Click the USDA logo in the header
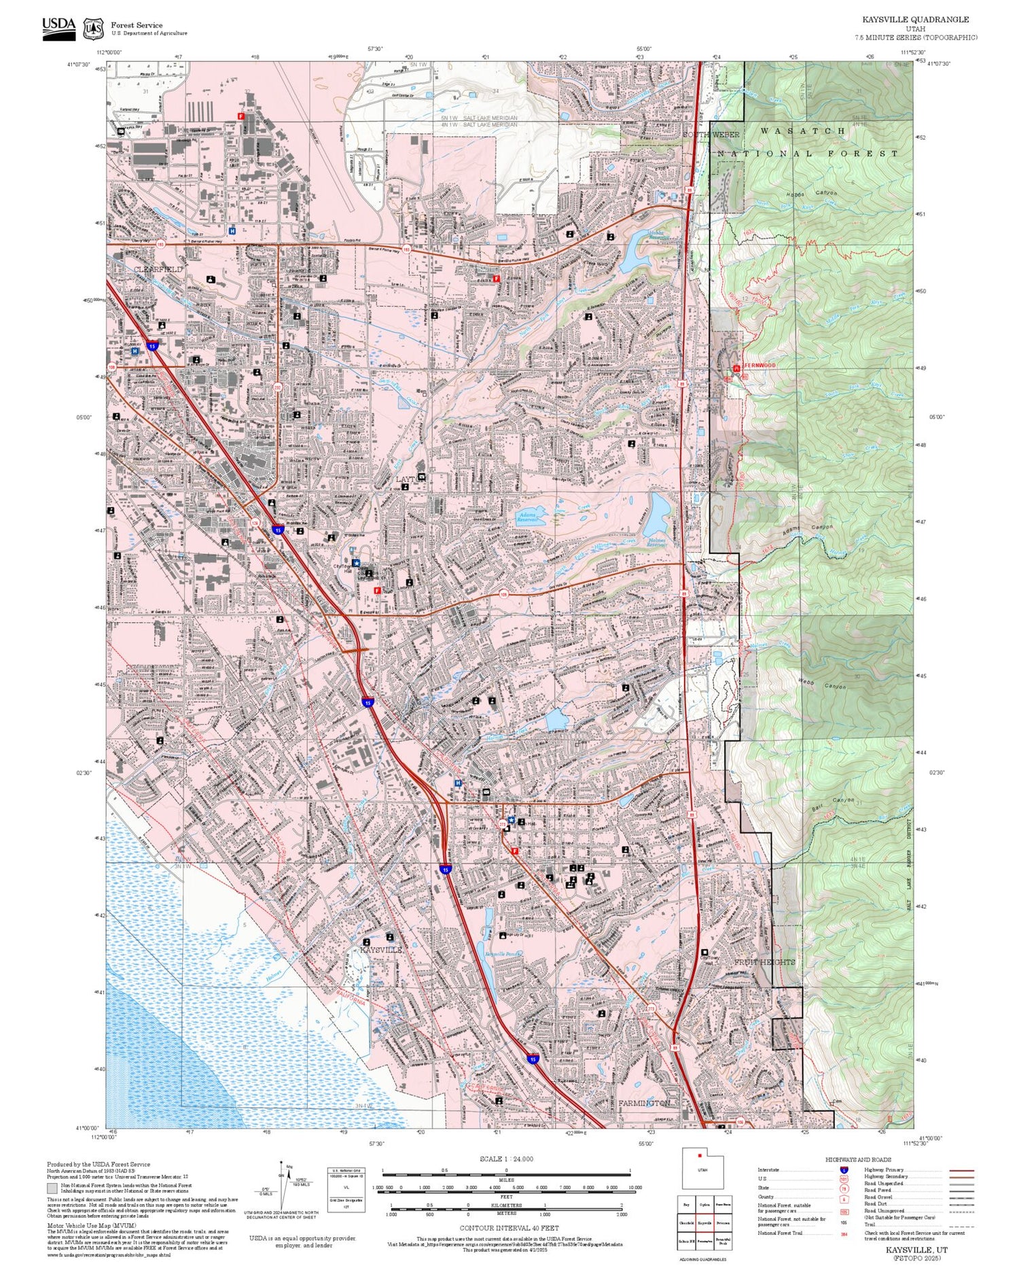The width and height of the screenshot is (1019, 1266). click(x=58, y=28)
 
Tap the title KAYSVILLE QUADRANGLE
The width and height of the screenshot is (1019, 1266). click(x=915, y=20)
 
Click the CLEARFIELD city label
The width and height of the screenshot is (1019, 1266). click(x=158, y=269)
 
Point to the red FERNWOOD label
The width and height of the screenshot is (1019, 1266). click(x=759, y=366)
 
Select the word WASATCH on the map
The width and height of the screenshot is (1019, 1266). click(x=802, y=131)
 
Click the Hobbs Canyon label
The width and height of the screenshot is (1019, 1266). click(x=815, y=193)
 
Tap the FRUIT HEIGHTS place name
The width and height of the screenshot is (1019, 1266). click(x=764, y=962)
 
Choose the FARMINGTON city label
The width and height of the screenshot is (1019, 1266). click(x=644, y=1103)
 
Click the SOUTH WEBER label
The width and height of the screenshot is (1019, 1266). click(x=711, y=135)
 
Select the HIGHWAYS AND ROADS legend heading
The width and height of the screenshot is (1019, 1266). click(x=858, y=1159)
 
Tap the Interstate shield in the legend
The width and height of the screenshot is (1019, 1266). click(x=844, y=1170)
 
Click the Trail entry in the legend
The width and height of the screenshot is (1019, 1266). click(x=870, y=1225)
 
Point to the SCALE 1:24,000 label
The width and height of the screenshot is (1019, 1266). click(x=506, y=1159)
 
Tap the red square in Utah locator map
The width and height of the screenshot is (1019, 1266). click(x=699, y=1155)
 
